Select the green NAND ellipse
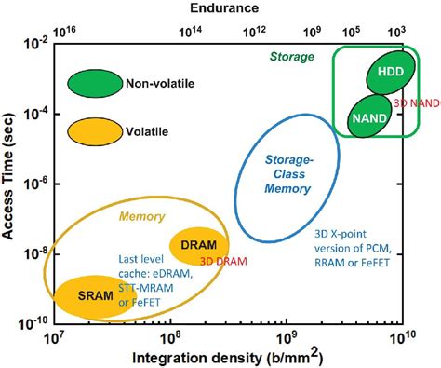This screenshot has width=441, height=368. point(363,117)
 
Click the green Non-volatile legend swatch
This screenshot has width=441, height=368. point(94,84)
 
